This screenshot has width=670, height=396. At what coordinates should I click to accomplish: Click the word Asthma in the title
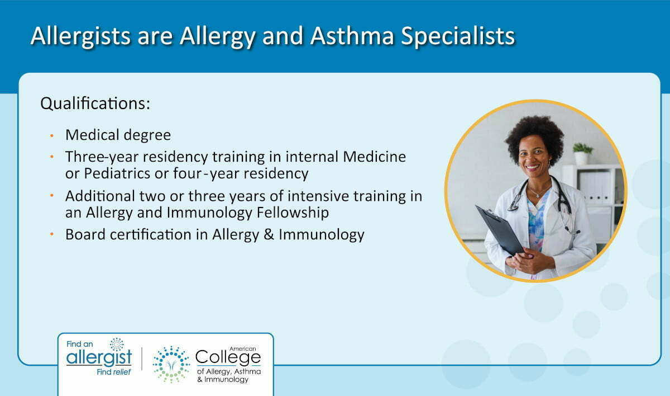pyautogui.click(x=352, y=36)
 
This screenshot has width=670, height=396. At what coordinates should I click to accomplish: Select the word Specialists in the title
pyautogui.click(x=458, y=36)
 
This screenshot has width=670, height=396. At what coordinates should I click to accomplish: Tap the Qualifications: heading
pyautogui.click(x=95, y=103)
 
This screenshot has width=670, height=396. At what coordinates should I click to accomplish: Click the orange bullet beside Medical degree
pyautogui.click(x=52, y=136)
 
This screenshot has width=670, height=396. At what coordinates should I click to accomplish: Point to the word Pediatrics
pyautogui.click(x=117, y=173)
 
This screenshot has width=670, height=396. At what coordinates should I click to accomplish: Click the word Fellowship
pyautogui.click(x=293, y=213)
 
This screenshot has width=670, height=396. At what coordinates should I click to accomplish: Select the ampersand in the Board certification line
pyautogui.click(x=269, y=234)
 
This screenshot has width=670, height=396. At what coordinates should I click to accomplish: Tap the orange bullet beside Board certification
pyautogui.click(x=52, y=234)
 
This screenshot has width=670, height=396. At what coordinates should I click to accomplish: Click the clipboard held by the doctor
pyautogui.click(x=500, y=229)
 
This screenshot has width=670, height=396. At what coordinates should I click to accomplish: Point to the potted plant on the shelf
pyautogui.click(x=582, y=154)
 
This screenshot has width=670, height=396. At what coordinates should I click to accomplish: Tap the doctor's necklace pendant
pyautogui.click(x=538, y=196)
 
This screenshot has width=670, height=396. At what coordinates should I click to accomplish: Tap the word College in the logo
pyautogui.click(x=228, y=357)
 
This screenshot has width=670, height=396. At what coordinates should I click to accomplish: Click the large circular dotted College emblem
pyautogui.click(x=171, y=365)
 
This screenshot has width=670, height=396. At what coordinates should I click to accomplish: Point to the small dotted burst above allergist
pyautogui.click(x=117, y=345)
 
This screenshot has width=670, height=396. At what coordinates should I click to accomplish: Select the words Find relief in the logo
pyautogui.click(x=114, y=373)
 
